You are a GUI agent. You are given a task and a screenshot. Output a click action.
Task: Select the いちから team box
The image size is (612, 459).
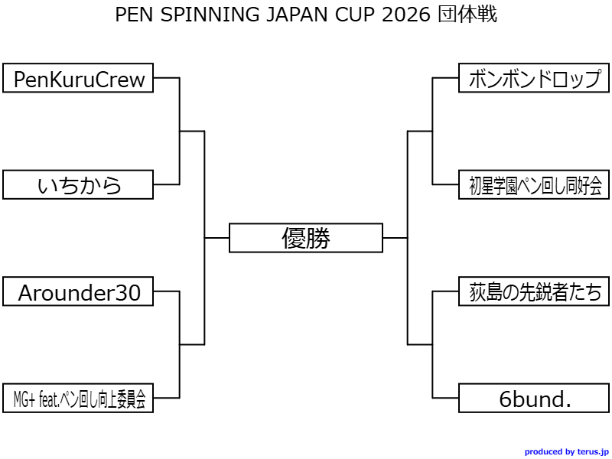pyautogui.click(x=78, y=184)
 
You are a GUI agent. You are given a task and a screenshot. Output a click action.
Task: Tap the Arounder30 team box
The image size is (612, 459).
pyautogui.click(x=78, y=291)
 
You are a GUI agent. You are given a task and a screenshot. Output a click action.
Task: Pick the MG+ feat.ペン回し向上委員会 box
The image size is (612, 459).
pyautogui.click(x=78, y=398)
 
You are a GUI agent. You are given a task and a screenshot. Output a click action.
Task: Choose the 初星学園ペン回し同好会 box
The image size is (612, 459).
pyautogui.click(x=534, y=184)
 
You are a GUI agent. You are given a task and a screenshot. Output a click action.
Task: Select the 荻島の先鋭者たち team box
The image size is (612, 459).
pyautogui.click(x=534, y=291)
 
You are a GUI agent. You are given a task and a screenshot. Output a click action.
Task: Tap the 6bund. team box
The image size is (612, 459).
pyautogui.click(x=534, y=398)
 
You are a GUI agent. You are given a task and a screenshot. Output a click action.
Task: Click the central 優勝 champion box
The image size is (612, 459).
pyautogui.click(x=306, y=238)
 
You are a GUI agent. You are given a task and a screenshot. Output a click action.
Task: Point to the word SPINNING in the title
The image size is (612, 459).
pyautogui.click(x=200, y=15)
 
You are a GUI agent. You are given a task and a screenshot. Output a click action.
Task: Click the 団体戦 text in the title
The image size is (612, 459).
pyautogui.click(x=467, y=15)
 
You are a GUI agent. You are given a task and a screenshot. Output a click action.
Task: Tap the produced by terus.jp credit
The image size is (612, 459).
pyautogui.click(x=566, y=452)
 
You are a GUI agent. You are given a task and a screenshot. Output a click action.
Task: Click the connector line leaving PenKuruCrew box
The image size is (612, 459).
pyautogui.click(x=166, y=78)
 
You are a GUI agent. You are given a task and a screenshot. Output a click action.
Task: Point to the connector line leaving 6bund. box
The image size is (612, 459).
pyautogui.click(x=446, y=398)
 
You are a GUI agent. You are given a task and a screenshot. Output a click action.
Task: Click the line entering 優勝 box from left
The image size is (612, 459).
pyautogui.click(x=217, y=238)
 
